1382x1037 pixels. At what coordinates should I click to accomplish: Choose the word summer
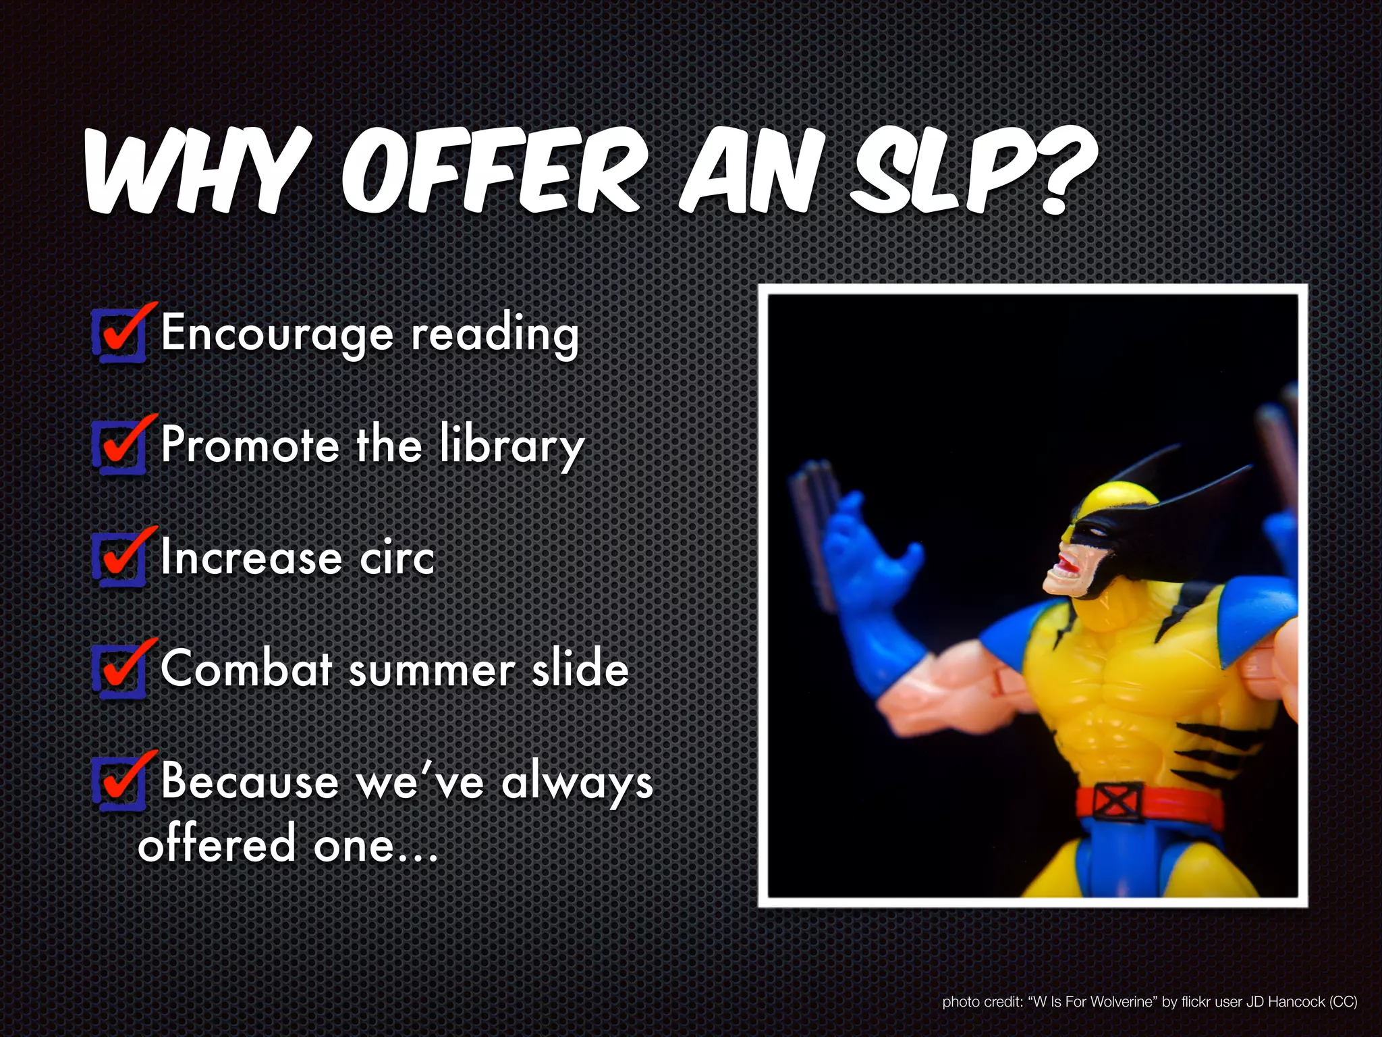432,671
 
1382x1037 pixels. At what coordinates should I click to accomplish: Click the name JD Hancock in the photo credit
1285,1002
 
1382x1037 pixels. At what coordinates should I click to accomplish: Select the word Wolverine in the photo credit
1121,1002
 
